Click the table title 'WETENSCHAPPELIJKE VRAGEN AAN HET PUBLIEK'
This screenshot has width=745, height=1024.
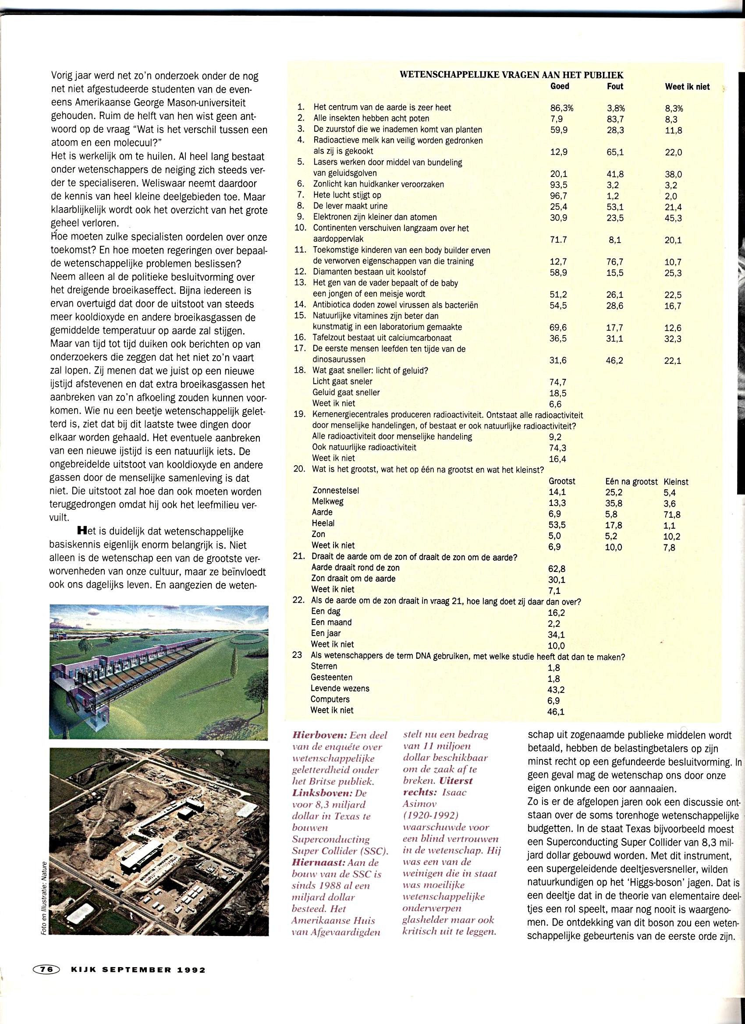click(x=511, y=75)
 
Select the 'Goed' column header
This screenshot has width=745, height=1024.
click(x=559, y=86)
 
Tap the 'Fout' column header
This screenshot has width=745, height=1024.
click(x=614, y=86)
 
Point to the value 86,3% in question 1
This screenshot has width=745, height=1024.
click(x=561, y=108)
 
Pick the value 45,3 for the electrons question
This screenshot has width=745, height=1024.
click(x=673, y=219)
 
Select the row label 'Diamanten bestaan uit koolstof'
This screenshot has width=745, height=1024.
click(x=369, y=272)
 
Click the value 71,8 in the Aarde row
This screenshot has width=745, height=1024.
click(x=672, y=515)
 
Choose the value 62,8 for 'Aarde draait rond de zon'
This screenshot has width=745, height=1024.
click(x=557, y=569)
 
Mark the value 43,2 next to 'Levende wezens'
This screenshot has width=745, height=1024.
click(x=556, y=690)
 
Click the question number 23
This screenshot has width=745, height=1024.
click(x=297, y=655)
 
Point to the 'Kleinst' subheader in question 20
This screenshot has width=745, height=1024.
click(x=676, y=482)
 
